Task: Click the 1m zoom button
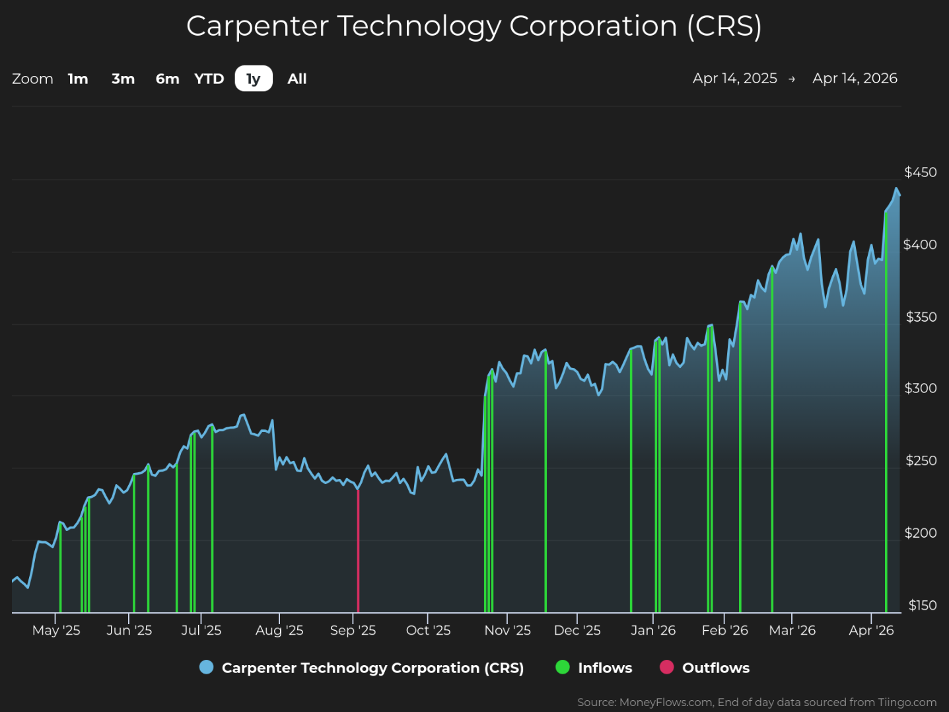[78, 79]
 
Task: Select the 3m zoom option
[123, 79]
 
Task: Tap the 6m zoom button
[167, 79]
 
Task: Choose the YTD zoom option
[209, 79]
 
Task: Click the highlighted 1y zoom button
[254, 79]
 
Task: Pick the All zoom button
[297, 79]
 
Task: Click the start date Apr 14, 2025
[734, 79]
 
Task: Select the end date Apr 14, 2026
[855, 79]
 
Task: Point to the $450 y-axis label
[920, 172]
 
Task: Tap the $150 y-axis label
[922, 606]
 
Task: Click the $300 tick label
[920, 388]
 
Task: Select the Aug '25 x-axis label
[279, 630]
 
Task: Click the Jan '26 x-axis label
[653, 630]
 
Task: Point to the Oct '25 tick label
[428, 630]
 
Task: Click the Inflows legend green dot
[563, 668]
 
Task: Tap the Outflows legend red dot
[667, 668]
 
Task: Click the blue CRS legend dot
[207, 668]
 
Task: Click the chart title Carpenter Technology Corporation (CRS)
[474, 26]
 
